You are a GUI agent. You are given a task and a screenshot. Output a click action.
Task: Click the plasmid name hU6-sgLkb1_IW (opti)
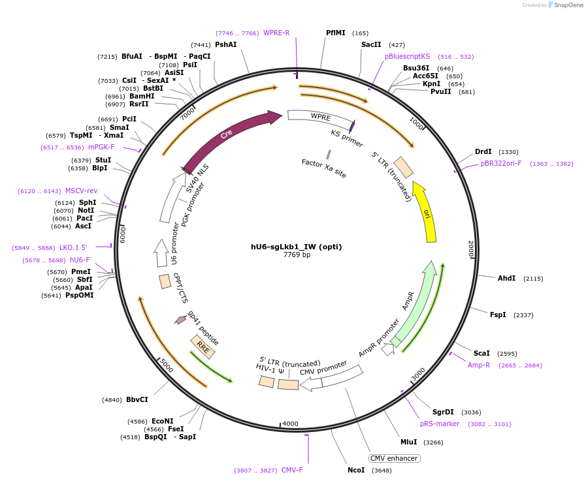296,247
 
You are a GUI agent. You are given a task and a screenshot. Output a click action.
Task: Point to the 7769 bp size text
297,255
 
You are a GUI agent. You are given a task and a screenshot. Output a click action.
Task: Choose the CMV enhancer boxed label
394,458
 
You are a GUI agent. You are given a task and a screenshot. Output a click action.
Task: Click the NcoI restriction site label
356,470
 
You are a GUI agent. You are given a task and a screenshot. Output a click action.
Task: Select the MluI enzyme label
408,442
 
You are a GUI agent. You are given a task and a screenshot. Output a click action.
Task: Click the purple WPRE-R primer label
276,33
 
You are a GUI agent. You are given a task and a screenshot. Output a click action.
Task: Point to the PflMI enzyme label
336,33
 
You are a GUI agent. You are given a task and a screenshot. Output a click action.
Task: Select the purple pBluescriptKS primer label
407,57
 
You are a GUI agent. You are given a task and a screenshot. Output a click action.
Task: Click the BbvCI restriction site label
137,399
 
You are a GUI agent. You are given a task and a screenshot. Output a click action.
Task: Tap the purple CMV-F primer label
292,470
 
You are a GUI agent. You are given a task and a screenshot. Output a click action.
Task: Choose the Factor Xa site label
324,168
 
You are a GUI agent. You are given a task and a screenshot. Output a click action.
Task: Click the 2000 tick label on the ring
470,249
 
